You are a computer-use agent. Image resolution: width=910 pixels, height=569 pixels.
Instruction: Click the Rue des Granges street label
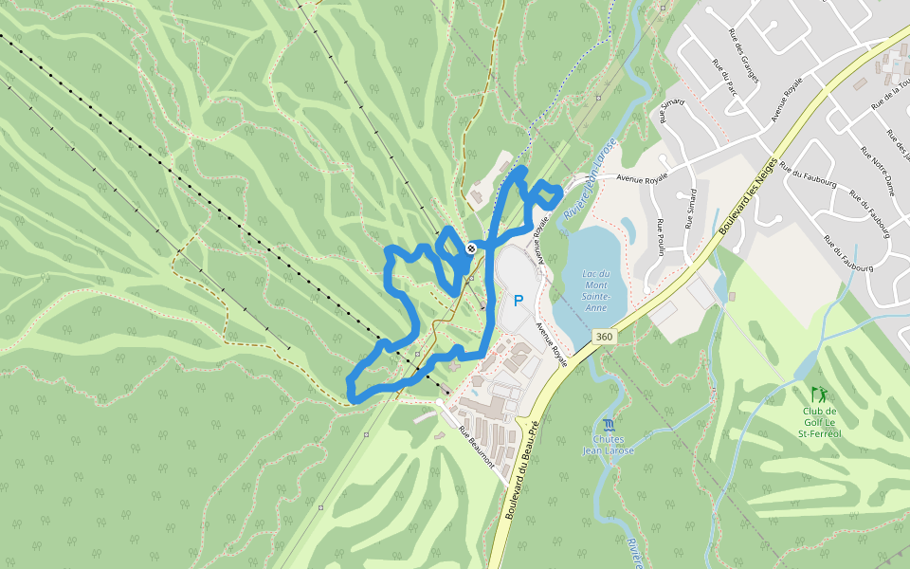(743, 55)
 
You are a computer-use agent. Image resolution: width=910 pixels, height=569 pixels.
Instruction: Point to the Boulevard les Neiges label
(748, 197)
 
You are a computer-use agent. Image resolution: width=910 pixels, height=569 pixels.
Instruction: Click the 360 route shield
(604, 337)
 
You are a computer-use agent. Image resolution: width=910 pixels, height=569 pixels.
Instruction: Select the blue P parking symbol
(519, 301)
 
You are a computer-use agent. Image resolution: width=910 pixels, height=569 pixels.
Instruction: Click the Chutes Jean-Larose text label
(608, 445)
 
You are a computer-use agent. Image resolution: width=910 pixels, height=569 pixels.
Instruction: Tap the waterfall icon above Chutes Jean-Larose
(608, 424)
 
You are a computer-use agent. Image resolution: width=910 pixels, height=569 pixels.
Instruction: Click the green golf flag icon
(818, 393)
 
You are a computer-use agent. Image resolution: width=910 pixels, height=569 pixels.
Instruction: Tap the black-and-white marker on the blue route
(471, 248)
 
